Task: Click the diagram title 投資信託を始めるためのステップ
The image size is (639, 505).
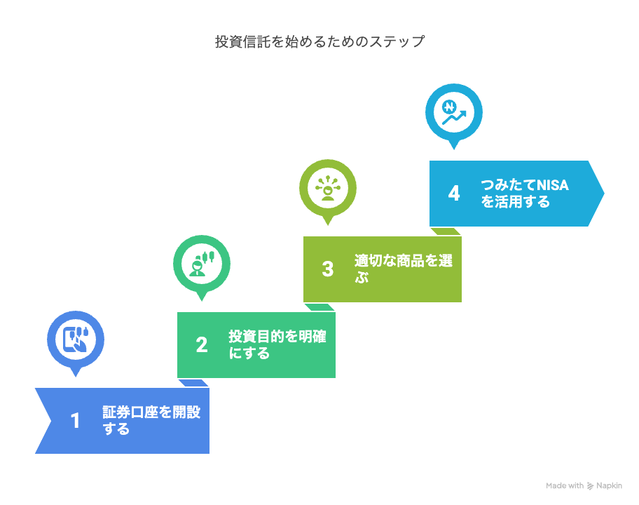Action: [320, 41]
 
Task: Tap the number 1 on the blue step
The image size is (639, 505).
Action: [75, 421]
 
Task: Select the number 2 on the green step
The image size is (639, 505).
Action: [202, 344]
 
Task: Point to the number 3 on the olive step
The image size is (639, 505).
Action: [328, 269]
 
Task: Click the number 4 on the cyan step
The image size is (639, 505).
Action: [454, 194]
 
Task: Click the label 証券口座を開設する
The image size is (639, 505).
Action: [151, 420]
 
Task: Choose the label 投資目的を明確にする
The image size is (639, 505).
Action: [277, 344]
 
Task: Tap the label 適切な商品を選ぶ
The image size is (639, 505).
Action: [404, 269]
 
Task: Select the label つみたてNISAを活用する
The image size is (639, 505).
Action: [525, 194]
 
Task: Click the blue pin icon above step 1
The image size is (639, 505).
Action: [76, 341]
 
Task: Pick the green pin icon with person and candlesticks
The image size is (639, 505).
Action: [202, 265]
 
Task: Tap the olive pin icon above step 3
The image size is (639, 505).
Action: [328, 189]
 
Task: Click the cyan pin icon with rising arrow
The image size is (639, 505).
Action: [454, 114]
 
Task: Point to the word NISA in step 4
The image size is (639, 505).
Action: [553, 185]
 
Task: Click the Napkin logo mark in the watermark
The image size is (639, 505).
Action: [590, 486]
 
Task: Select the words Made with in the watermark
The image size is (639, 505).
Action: [565, 485]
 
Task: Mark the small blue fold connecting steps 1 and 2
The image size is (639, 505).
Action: [193, 383]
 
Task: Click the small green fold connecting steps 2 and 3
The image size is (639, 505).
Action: [320, 307]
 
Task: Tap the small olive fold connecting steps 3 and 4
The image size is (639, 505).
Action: [446, 231]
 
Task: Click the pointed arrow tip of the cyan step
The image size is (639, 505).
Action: [603, 194]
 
